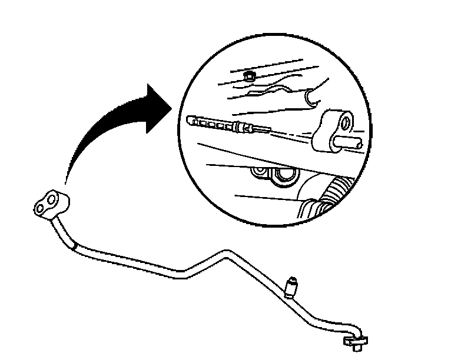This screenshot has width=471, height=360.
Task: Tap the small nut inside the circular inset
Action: [x=250, y=76]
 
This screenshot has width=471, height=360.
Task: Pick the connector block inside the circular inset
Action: [x=332, y=129]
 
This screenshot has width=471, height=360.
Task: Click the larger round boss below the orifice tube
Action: [x=287, y=174]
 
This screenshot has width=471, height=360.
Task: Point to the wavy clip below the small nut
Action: [x=271, y=90]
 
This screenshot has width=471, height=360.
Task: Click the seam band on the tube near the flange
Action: [x=74, y=247]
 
